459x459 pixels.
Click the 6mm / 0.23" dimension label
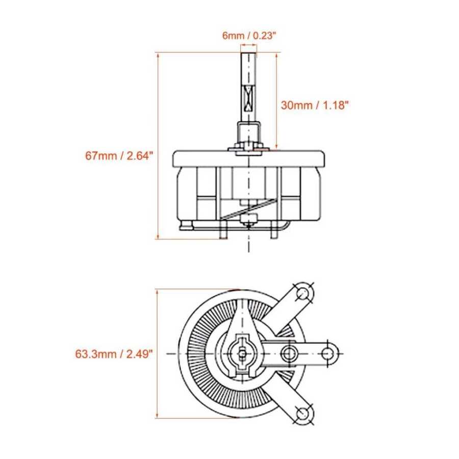(x=249, y=36)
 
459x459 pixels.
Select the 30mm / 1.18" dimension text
(x=315, y=105)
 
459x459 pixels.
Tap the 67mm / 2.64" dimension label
(x=119, y=156)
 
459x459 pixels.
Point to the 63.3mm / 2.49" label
(x=114, y=354)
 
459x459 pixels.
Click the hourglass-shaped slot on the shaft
(x=248, y=98)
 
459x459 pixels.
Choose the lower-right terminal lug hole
(x=303, y=414)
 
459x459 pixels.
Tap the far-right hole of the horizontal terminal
(x=328, y=353)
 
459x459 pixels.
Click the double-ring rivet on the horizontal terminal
(x=290, y=353)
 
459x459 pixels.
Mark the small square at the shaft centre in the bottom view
(x=242, y=353)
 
